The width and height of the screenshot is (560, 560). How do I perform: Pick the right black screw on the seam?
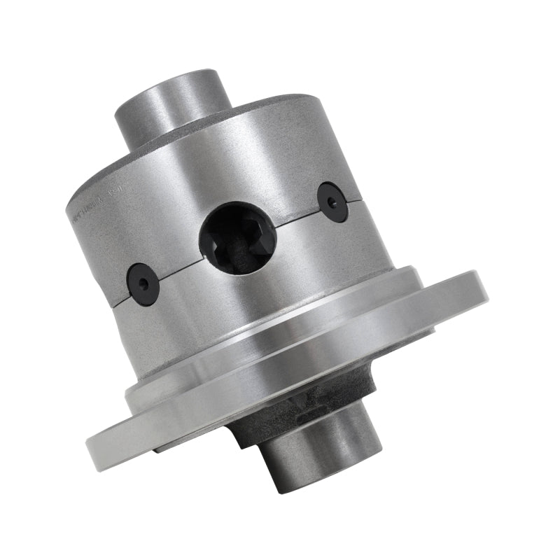pos(332,202)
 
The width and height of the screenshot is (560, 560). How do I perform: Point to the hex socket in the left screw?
pos(143,283)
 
